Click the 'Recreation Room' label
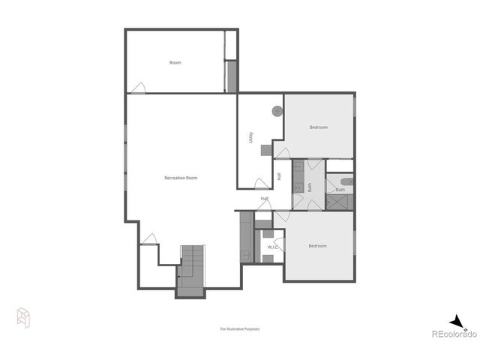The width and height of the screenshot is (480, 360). pos(181,178)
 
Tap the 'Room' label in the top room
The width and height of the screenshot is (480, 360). pos(175,63)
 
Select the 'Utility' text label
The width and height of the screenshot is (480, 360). pos(250,137)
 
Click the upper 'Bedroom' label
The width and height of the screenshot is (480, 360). pos(318,127)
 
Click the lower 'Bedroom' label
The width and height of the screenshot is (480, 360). pos(318,246)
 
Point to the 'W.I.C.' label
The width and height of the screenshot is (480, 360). pos(273,247)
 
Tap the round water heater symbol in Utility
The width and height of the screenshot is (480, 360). pos(277,111)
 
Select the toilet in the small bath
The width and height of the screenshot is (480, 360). pos(346,181)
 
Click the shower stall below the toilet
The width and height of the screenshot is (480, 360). pos(340,202)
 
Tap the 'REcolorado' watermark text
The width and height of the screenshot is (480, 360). pos(452,334)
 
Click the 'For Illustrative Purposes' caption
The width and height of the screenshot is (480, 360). pos(239,328)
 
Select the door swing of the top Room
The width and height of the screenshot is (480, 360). pos(138,88)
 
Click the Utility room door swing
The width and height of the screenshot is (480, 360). pos(262,183)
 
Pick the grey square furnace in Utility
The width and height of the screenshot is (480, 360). pos(266,150)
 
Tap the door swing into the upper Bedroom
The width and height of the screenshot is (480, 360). pos(282,153)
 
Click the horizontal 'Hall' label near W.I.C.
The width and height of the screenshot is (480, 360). pos(265,199)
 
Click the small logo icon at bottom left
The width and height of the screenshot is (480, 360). pos(24,317)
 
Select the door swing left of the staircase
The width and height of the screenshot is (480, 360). pos(149,239)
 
